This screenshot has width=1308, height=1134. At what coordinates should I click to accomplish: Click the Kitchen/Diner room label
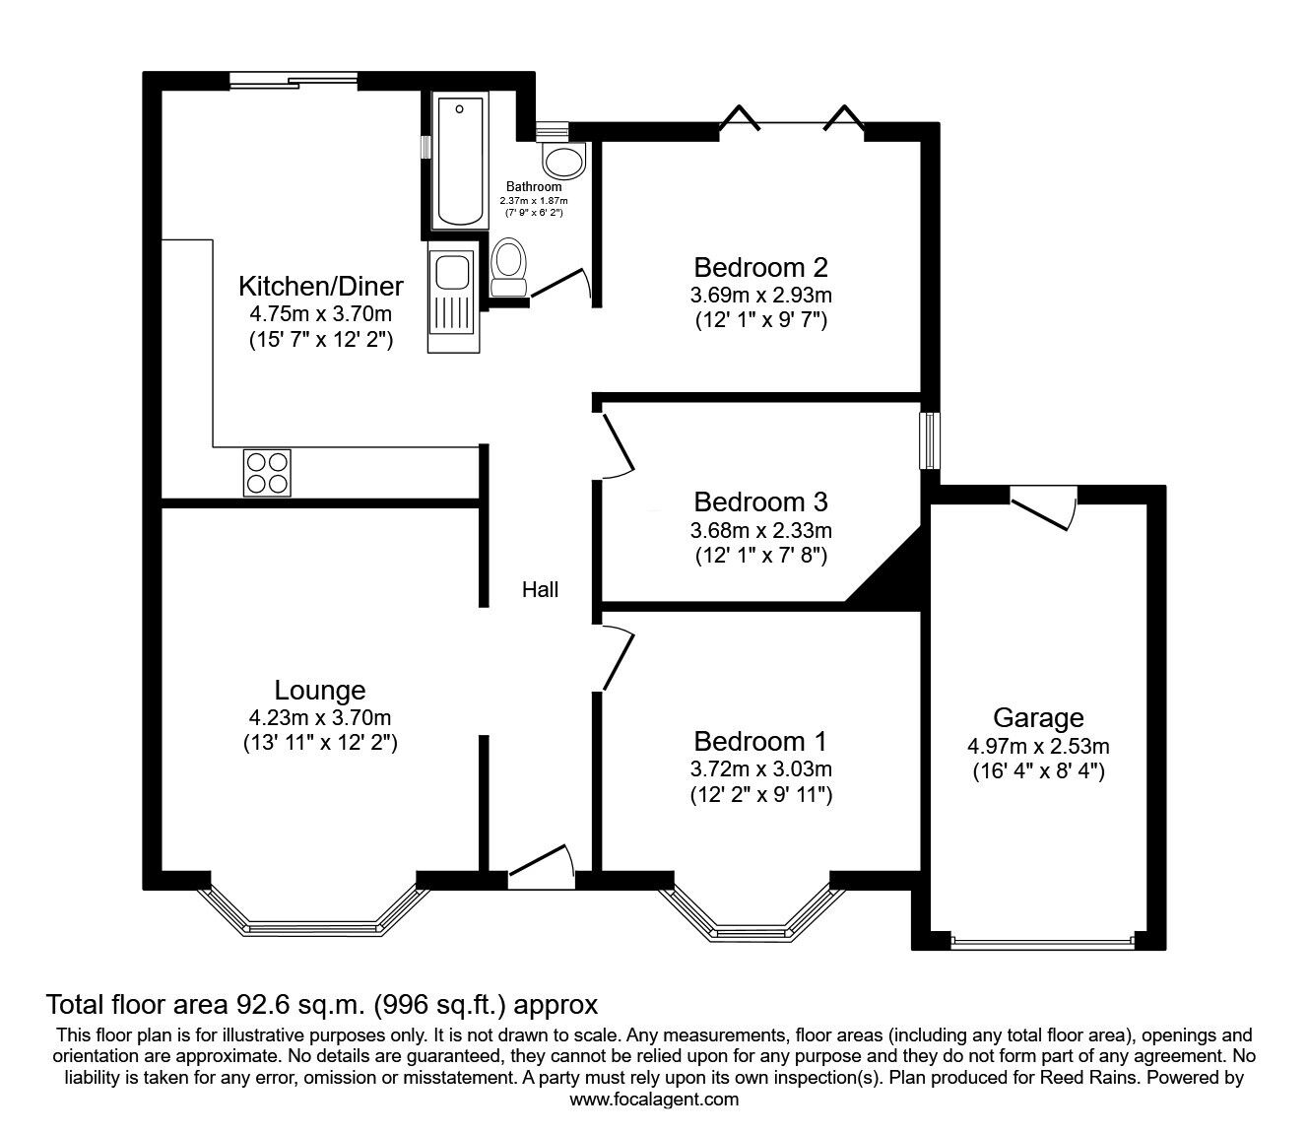tap(320, 287)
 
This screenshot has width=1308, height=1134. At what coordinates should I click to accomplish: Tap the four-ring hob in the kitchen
tap(267, 472)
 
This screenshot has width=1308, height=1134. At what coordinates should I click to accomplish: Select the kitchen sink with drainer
tap(452, 299)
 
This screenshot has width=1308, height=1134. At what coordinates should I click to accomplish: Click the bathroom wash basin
tap(562, 161)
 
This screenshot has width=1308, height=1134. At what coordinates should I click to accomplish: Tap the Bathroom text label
tap(534, 186)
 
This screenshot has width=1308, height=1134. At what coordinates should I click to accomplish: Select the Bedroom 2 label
tap(760, 267)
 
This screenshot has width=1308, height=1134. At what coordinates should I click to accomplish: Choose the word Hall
tap(540, 589)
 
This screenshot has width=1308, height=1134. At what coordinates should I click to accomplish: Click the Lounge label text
tap(320, 691)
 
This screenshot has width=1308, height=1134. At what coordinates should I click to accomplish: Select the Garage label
tap(1038, 717)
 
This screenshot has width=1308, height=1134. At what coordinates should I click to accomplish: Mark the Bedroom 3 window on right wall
tap(929, 439)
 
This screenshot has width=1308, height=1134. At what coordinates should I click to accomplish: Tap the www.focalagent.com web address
tap(654, 1100)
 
